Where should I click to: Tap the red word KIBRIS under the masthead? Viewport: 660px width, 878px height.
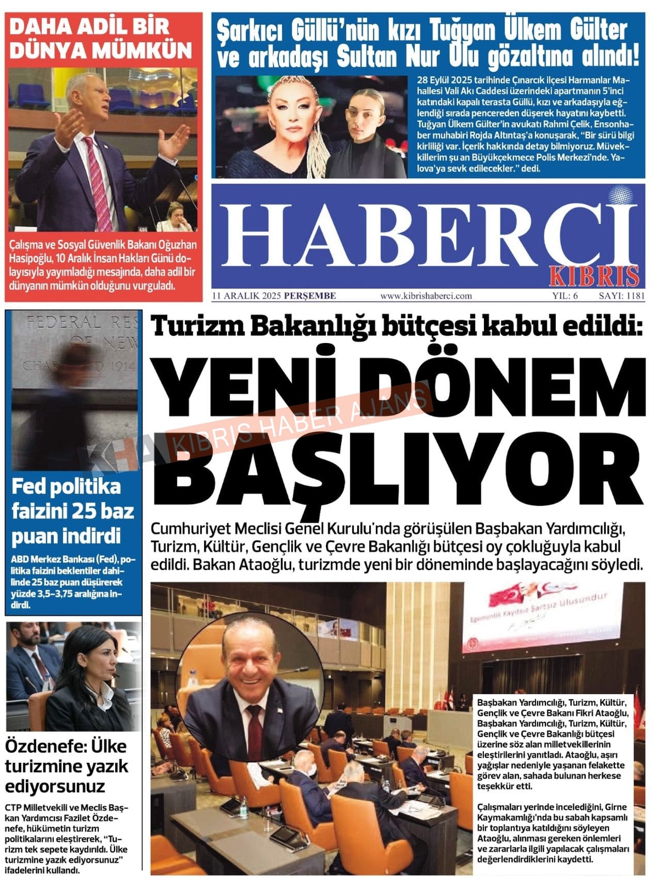[x=594, y=276]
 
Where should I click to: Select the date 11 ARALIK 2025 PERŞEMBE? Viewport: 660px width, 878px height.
[x=274, y=296]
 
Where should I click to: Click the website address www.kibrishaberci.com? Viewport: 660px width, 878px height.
[x=426, y=296]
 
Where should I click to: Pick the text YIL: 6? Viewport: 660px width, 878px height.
[x=565, y=296]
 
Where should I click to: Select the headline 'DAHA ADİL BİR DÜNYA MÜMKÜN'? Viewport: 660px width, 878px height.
[x=101, y=39]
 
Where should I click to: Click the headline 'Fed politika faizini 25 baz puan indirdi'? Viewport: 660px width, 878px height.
[x=72, y=511]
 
